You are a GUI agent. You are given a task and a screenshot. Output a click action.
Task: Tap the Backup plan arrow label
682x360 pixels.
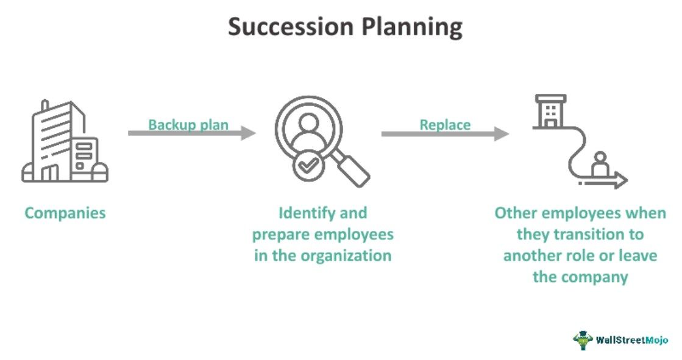(188, 125)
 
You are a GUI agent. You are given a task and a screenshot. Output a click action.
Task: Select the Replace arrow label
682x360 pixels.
(445, 125)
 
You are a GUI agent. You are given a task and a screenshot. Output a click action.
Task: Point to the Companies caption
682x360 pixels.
(65, 213)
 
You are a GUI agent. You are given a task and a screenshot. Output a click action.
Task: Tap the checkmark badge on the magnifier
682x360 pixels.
(310, 164)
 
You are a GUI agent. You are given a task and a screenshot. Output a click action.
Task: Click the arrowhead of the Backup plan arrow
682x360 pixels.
(249, 133)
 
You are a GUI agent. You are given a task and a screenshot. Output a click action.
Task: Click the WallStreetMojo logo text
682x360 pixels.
(631, 340)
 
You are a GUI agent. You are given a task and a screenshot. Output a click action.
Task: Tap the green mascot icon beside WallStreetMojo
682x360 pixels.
(583, 340)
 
